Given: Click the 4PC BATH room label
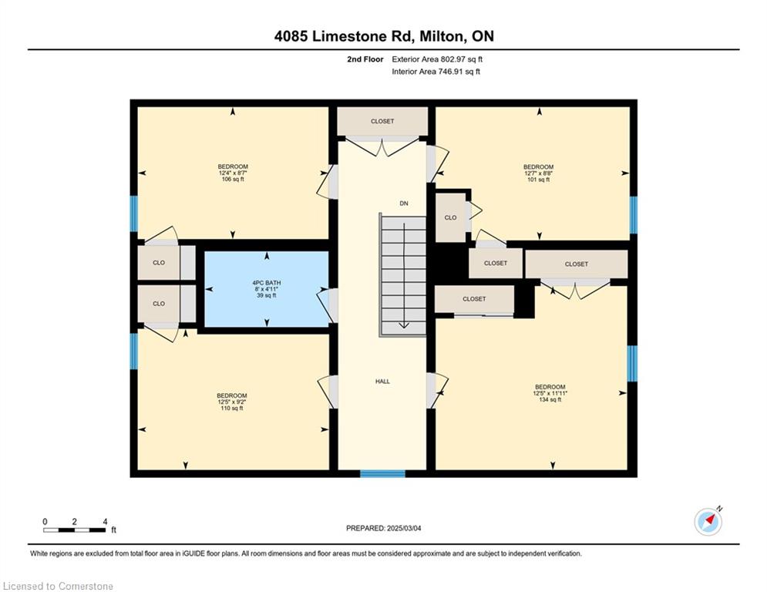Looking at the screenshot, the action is click(267, 289).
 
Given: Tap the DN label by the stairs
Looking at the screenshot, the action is click(404, 203).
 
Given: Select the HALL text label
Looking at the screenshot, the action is click(382, 382).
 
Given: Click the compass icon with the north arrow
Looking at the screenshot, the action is click(708, 522).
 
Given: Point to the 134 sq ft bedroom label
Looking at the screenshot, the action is click(550, 393).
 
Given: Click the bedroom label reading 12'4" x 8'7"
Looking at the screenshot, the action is click(233, 173).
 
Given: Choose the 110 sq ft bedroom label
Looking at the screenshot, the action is click(232, 402).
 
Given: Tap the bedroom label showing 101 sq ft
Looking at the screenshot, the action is click(539, 173).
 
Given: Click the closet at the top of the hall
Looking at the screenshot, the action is click(382, 121).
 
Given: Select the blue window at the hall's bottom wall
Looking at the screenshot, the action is click(382, 473).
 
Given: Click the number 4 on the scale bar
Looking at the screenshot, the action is click(105, 522).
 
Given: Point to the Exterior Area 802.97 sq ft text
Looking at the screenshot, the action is click(437, 59).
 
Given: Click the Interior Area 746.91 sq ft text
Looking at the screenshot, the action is click(436, 72).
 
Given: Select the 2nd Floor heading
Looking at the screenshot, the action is click(365, 59).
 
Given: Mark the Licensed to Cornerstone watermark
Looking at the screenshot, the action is click(58, 586).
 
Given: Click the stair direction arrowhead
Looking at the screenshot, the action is click(404, 325).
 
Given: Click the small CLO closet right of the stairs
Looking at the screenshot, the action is click(450, 217).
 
